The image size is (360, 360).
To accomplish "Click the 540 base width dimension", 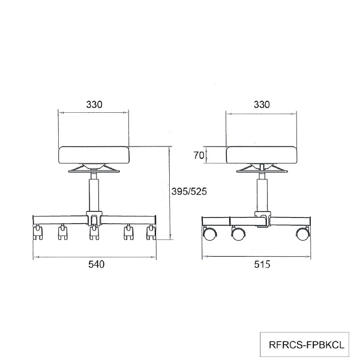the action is [97, 264].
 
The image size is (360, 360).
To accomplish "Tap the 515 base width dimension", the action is [262, 265].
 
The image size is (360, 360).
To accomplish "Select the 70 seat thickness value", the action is [199, 155].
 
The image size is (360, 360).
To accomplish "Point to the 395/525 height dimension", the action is [189, 191].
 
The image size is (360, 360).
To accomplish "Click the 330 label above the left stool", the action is [94, 104].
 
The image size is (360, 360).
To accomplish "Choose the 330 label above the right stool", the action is [262, 104].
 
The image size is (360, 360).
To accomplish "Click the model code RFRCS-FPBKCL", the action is [307, 345].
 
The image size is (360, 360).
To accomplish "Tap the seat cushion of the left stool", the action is [94, 155].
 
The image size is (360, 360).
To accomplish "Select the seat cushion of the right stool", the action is [262, 155].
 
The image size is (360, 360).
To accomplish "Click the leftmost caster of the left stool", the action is [38, 232].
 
